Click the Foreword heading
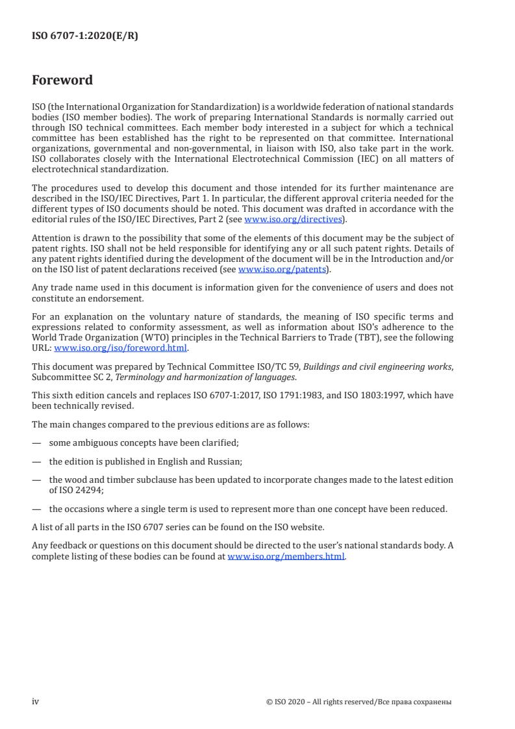[x=62, y=81]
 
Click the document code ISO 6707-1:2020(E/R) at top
[x=84, y=36]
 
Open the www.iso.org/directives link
[x=293, y=220]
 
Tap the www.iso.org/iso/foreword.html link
[x=121, y=348]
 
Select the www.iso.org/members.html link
[x=286, y=557]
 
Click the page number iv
[x=36, y=702]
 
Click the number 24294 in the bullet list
[x=82, y=491]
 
